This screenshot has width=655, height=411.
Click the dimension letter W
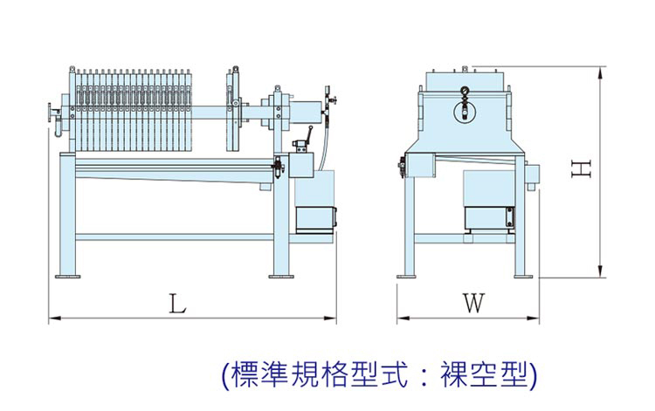click(x=472, y=304)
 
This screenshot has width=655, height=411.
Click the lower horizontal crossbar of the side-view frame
click(x=175, y=237)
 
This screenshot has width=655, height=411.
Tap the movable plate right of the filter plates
click(x=233, y=109)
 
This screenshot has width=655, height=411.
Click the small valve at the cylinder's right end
click(x=330, y=99)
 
